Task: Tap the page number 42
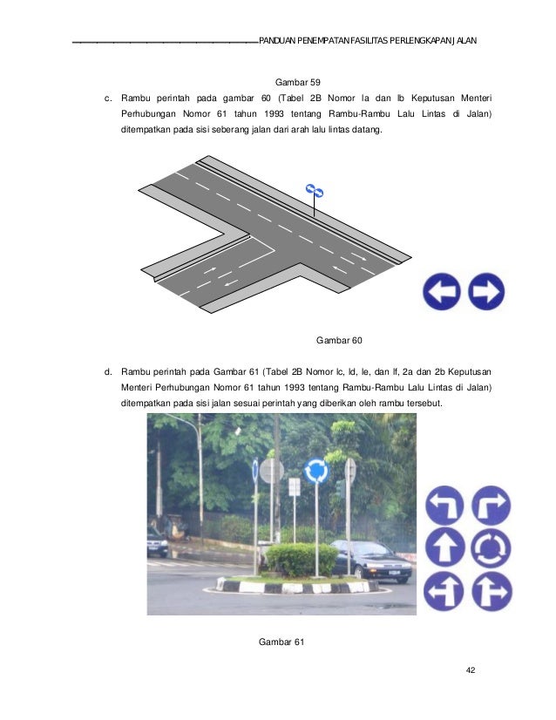click(x=471, y=669)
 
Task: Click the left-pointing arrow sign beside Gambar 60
click(x=442, y=292)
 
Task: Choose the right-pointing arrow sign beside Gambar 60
click(x=486, y=292)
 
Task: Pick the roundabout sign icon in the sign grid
click(x=490, y=549)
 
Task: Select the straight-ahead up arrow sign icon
click(x=444, y=549)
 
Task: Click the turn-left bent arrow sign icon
click(x=444, y=505)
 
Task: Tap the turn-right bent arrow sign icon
click(x=490, y=505)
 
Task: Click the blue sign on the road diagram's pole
click(x=315, y=190)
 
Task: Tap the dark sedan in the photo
click(x=370, y=560)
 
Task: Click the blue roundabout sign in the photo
click(x=316, y=472)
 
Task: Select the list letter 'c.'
click(x=108, y=98)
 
